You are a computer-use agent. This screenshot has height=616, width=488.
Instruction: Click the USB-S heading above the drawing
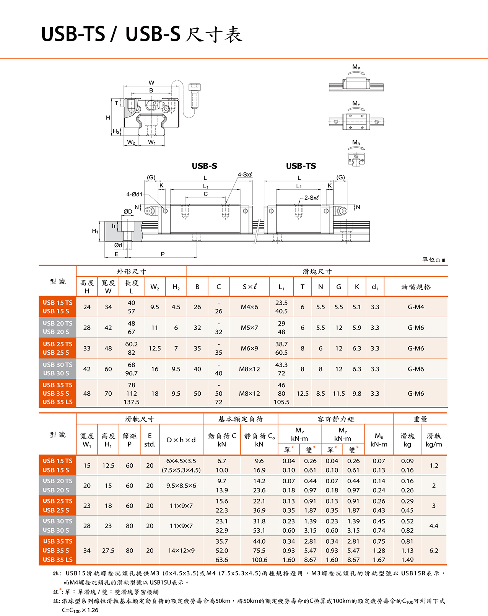pos(204,166)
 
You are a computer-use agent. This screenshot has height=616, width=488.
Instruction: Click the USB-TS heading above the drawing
pos(301,166)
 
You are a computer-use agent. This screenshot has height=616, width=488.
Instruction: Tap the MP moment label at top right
pos(356,67)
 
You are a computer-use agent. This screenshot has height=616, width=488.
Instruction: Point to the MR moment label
pos(356,143)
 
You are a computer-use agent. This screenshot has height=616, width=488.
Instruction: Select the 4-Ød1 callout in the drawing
pos(134,194)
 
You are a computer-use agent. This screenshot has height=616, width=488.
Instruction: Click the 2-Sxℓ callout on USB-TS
pos(311,198)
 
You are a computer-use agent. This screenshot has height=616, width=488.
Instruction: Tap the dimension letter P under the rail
pos(163,254)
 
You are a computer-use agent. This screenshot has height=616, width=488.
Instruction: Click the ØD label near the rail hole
pos(128,212)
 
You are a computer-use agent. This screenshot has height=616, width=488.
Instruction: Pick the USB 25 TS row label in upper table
pos(57,344)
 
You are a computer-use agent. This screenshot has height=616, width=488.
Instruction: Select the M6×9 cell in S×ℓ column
pos(249,348)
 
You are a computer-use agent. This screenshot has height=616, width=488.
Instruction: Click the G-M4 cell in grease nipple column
pos(416,307)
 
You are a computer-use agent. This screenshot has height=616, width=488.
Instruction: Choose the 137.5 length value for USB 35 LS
pos(131,402)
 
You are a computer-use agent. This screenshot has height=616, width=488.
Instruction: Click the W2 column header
pos(155,287)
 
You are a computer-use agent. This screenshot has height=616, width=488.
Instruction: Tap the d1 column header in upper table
pos(375,287)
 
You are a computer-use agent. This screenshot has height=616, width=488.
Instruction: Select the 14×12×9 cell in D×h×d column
pos(181,551)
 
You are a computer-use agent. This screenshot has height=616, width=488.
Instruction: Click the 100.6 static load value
pos(259,560)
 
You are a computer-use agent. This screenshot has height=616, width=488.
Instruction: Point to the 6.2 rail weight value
pos(434,551)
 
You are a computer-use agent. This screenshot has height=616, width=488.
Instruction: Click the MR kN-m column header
pos(379,440)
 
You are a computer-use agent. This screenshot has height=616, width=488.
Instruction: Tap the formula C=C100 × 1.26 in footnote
pos(80,610)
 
